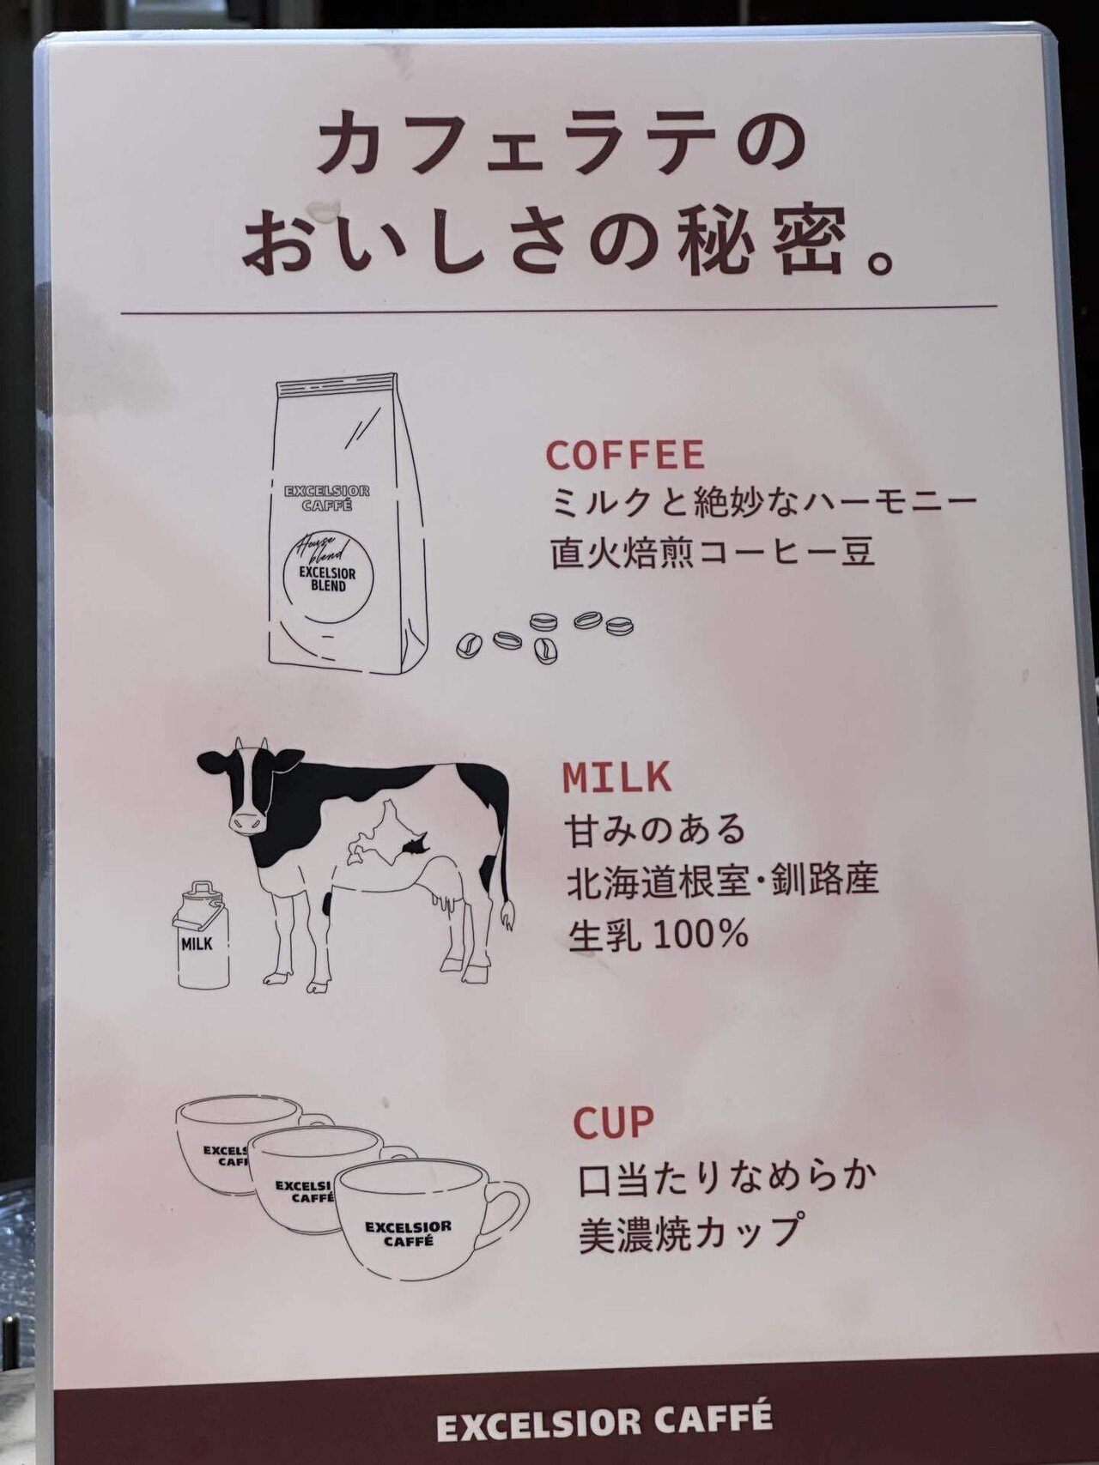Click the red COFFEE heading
[624, 455]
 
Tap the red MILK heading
[616, 777]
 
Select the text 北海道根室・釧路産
[722, 881]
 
